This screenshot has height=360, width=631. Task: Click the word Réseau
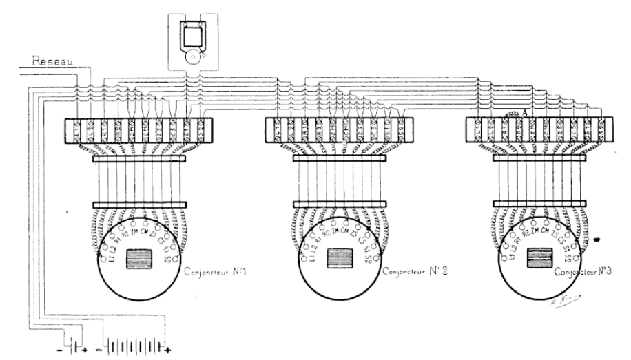(52, 61)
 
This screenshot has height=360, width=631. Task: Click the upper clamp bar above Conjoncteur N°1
(139, 158)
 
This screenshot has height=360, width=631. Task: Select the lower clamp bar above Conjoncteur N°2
(340, 204)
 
